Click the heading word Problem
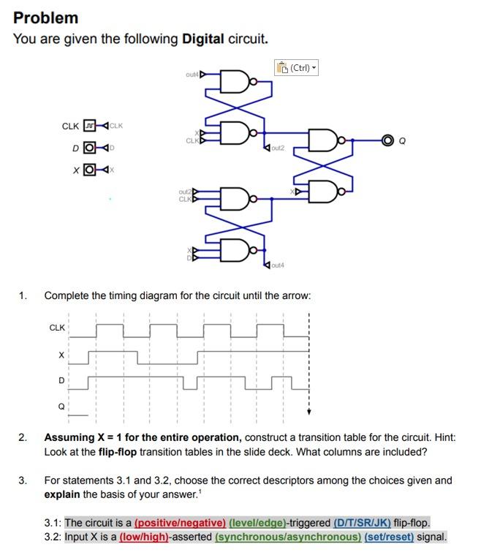[x=45, y=18]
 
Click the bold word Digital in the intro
[x=202, y=38]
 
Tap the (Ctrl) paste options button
[x=297, y=68]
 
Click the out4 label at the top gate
[x=192, y=74]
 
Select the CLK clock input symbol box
[x=90, y=126]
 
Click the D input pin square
[x=90, y=148]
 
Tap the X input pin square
[x=90, y=170]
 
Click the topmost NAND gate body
[x=235, y=83]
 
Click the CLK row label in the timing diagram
[x=56, y=327]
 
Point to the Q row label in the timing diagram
[x=61, y=407]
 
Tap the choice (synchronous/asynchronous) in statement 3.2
[x=288, y=536]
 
